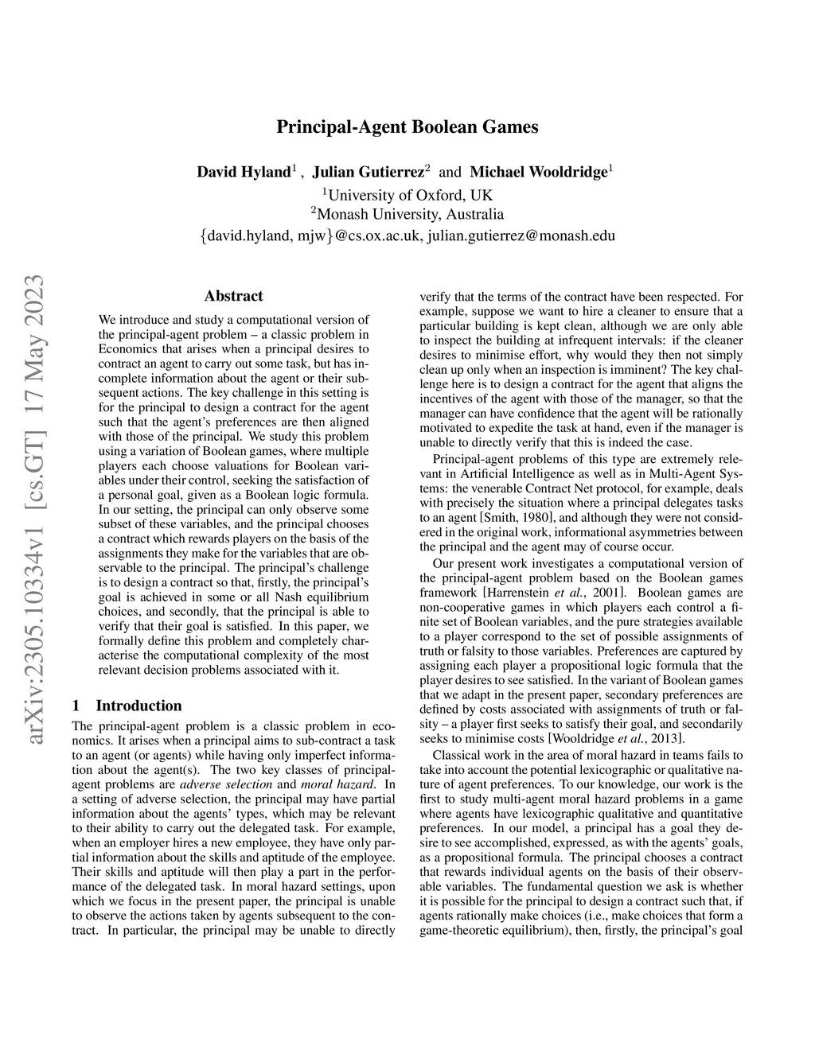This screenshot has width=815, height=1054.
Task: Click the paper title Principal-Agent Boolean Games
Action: pos(407,126)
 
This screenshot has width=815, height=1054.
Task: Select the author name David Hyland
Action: pos(243,172)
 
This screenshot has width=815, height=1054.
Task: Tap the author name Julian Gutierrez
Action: pos(367,172)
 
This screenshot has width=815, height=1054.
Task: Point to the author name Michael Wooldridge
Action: pos(538,172)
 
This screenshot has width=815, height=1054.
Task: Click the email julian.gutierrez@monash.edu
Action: pos(521,235)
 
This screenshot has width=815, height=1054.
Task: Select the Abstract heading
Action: pos(233,296)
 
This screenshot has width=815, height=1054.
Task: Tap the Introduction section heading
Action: pos(138,706)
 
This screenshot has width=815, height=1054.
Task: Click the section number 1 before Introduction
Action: pos(76,706)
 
